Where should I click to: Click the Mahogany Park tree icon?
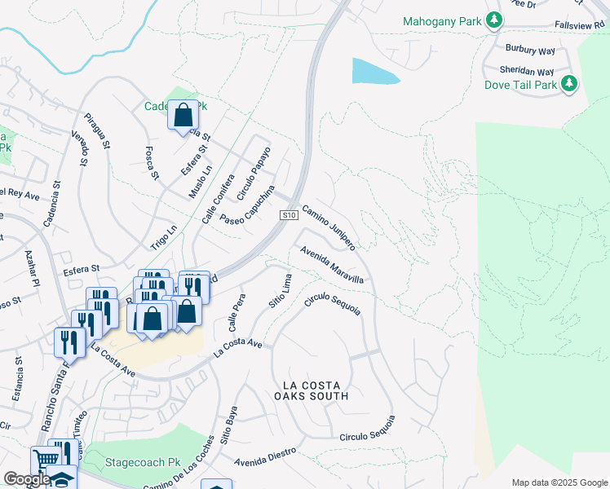tap(493, 20)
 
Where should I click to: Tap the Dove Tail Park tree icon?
tap(569, 84)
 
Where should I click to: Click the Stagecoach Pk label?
tap(142, 462)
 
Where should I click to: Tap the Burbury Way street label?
tap(529, 49)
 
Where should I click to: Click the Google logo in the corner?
tap(27, 479)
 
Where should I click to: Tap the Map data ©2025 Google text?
tap(559, 482)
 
